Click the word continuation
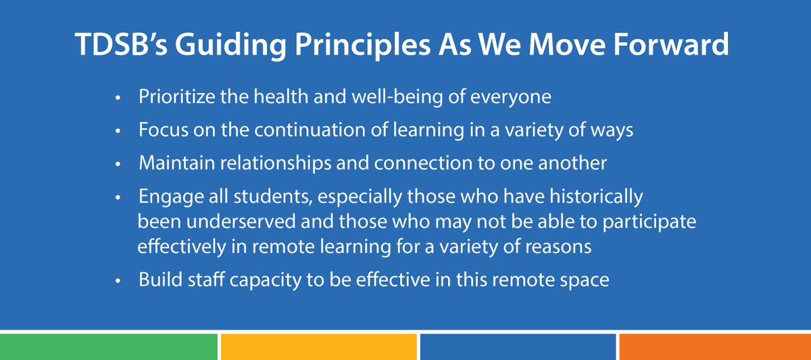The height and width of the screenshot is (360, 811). [299, 130]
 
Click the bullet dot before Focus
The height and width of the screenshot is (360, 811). [118, 131]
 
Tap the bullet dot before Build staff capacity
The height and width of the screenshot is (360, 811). [118, 280]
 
